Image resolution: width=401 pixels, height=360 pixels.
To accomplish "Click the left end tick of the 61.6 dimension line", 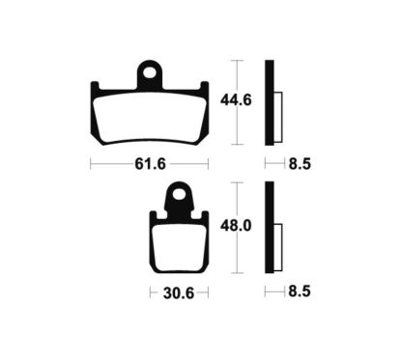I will (90, 164).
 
